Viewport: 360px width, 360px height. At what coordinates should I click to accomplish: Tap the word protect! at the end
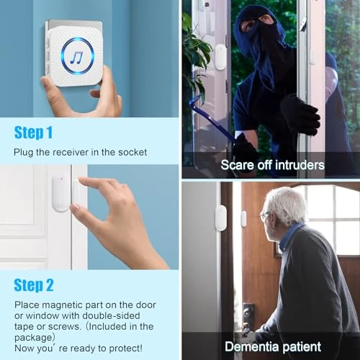click(x=125, y=338)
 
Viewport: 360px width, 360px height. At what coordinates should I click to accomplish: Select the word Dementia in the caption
click(x=251, y=346)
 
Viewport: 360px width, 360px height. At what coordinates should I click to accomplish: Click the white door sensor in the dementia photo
click(x=220, y=217)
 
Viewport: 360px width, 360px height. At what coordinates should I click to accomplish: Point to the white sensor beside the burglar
click(x=220, y=56)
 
